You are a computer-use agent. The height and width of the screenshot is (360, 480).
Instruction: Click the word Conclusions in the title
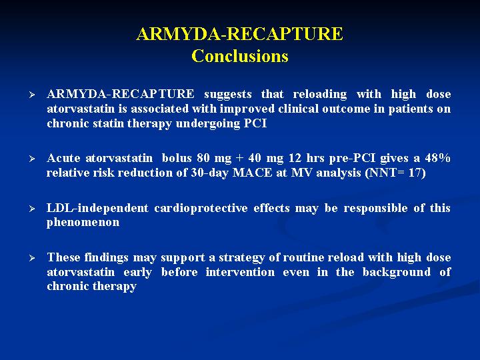point(240,56)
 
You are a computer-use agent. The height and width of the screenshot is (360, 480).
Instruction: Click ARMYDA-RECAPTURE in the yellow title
point(240,34)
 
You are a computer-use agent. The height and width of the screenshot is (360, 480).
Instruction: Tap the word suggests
point(228,94)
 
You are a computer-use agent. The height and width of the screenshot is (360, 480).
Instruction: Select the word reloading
point(319,94)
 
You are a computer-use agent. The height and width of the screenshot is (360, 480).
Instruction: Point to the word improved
point(247,109)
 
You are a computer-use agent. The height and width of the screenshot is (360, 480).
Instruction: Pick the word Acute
point(63,158)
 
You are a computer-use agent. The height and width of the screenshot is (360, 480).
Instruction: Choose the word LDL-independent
point(97,208)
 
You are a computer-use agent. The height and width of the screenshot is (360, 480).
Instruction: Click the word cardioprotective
point(201,208)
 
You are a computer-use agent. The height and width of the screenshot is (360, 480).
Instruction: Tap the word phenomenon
point(83,223)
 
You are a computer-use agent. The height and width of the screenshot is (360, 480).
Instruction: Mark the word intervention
point(240,272)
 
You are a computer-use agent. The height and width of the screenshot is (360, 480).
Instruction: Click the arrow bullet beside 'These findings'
point(32,258)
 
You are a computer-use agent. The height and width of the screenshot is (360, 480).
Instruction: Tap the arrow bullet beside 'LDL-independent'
point(32,209)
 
